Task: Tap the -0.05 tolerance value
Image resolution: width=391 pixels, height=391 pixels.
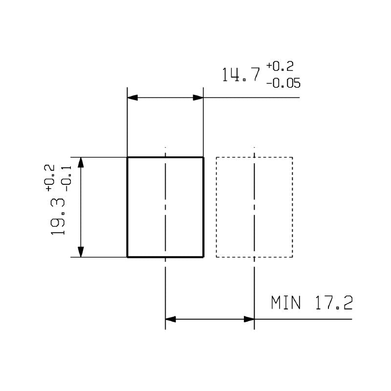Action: tap(283, 84)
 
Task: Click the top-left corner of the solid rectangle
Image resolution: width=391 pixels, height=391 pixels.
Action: tap(128, 157)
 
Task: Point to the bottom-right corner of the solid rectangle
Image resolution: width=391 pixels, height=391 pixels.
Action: tap(203, 257)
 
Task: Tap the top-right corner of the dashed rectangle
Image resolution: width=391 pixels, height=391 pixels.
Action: tap(292, 157)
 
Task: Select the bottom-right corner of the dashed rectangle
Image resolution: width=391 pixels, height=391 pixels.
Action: tap(292, 257)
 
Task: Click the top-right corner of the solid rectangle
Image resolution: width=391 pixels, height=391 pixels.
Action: tap(203, 157)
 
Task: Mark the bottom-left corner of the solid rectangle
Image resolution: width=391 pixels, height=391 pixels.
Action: tap(128, 257)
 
